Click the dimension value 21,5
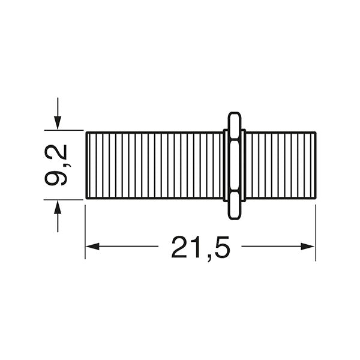click(x=200, y=247)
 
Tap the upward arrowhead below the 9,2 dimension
click(x=58, y=208)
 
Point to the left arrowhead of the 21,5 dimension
click(x=92, y=246)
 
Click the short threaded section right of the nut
click(x=281, y=165)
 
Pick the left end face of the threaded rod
click(x=87, y=165)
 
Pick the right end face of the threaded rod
click(x=316, y=165)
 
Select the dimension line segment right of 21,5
click(x=273, y=246)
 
